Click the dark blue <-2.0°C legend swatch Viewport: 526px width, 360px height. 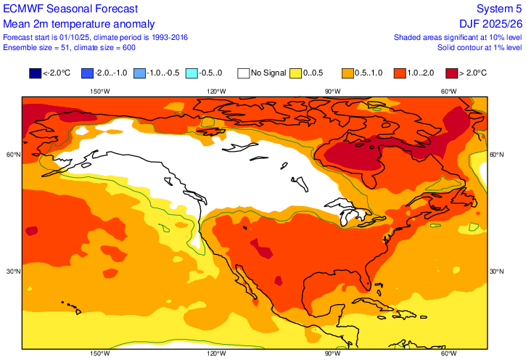point(35,73)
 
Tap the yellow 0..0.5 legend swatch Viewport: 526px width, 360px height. point(296,73)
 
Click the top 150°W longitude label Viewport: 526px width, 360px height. point(99,91)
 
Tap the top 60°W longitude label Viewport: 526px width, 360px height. point(449,91)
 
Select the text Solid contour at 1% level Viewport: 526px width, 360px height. point(480,47)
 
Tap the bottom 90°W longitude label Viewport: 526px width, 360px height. point(332,353)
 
